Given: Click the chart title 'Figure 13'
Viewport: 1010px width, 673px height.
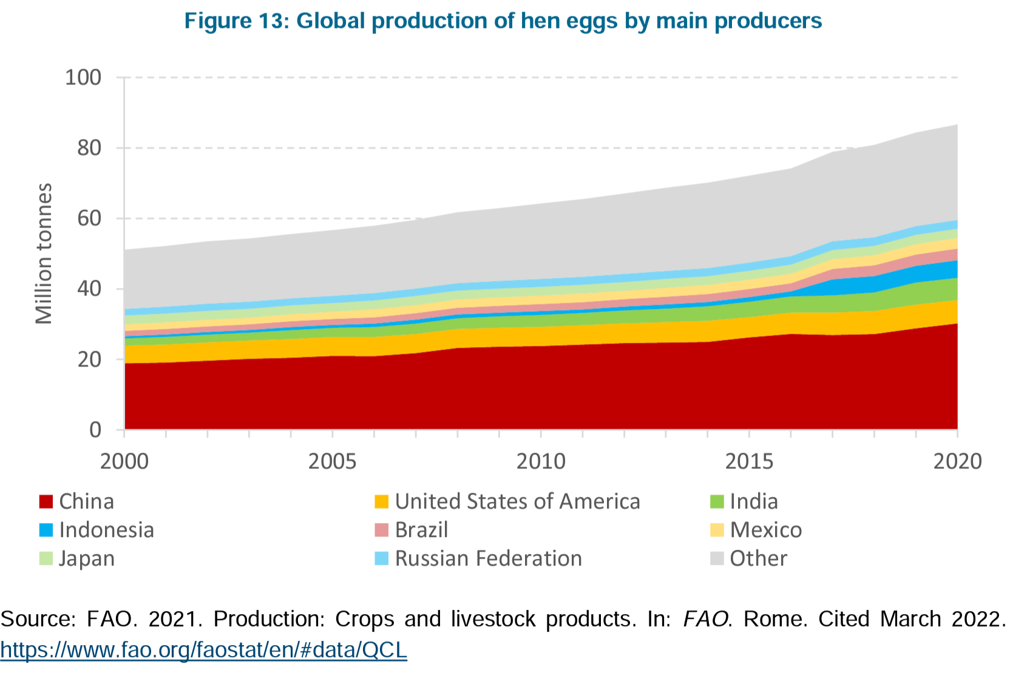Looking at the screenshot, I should coord(503,21).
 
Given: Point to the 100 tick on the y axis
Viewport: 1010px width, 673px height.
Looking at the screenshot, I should coord(83,78).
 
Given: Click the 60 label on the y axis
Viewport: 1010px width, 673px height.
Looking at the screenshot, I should coord(89,218).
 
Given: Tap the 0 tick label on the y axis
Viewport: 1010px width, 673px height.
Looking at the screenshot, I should coord(95,430).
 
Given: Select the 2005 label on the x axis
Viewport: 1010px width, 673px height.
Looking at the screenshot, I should coord(332,461).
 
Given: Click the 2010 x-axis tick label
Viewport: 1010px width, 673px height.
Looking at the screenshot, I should coord(540,461).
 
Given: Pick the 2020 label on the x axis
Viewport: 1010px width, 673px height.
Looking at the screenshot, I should coord(957,461).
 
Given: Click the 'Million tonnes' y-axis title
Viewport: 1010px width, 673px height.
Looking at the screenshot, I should coord(44,253).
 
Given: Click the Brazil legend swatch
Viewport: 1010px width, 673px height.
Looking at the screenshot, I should coord(382,530).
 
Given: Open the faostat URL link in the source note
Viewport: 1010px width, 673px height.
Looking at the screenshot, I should coord(203,650).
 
